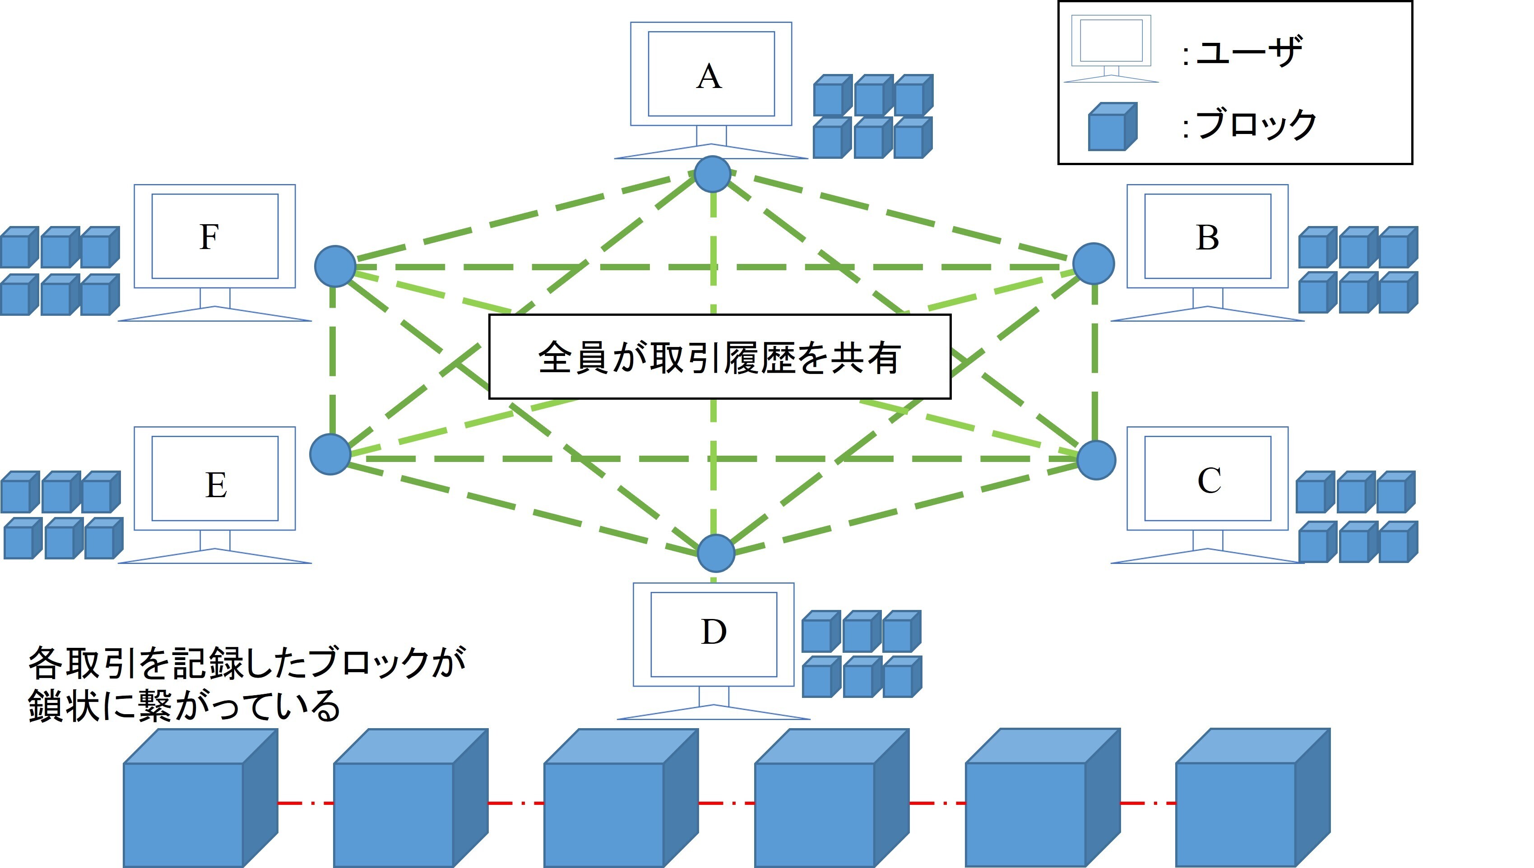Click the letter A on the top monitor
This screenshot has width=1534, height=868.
tap(709, 77)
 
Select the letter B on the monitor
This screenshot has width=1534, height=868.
tap(1207, 238)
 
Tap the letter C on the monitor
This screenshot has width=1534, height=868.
tap(1209, 480)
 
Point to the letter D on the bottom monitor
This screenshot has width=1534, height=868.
tap(714, 633)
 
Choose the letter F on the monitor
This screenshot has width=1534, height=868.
tap(209, 237)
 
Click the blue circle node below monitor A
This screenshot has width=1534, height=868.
tap(713, 174)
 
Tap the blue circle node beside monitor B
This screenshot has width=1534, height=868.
tap(1094, 263)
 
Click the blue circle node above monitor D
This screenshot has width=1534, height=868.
tap(716, 553)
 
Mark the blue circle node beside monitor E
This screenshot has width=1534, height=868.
tap(330, 454)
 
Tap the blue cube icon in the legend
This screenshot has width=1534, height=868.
tap(1111, 127)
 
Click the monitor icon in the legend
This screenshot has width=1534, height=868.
tap(1111, 48)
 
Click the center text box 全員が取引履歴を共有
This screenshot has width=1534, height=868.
tap(719, 356)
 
